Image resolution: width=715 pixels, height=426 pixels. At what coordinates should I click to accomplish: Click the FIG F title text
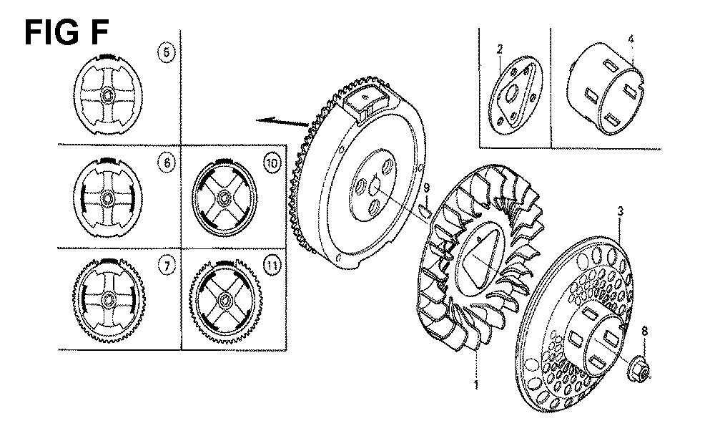pyautogui.click(x=66, y=32)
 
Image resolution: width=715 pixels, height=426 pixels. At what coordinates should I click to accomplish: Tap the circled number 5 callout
pyautogui.click(x=167, y=52)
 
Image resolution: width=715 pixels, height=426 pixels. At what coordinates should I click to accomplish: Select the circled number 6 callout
pyautogui.click(x=167, y=163)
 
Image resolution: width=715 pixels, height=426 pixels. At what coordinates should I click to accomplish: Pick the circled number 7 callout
pyautogui.click(x=167, y=266)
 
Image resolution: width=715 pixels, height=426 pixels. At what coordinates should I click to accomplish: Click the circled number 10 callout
pyautogui.click(x=272, y=163)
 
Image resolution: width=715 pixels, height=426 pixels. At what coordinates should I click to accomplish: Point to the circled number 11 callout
pyautogui.click(x=272, y=266)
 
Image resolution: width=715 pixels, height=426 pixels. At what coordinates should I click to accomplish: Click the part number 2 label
pyautogui.click(x=500, y=49)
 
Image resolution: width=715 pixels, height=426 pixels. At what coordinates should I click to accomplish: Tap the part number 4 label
pyautogui.click(x=631, y=39)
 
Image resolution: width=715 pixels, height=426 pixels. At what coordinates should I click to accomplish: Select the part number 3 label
pyautogui.click(x=621, y=211)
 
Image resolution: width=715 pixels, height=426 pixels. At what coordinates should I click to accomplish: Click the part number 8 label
pyautogui.click(x=644, y=331)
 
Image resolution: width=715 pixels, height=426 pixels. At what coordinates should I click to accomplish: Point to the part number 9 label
pyautogui.click(x=426, y=187)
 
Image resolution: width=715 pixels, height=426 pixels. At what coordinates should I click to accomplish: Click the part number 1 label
pyautogui.click(x=476, y=385)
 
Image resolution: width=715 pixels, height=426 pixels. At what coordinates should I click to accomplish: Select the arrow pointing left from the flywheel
pyautogui.click(x=282, y=121)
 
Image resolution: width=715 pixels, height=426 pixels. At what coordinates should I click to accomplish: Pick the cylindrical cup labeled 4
pyautogui.click(x=605, y=89)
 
